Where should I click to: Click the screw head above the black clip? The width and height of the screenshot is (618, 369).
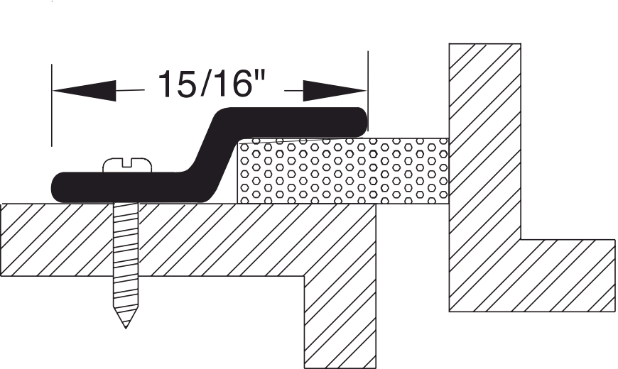[126, 165]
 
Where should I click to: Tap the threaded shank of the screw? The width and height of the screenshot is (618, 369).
[126, 263]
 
